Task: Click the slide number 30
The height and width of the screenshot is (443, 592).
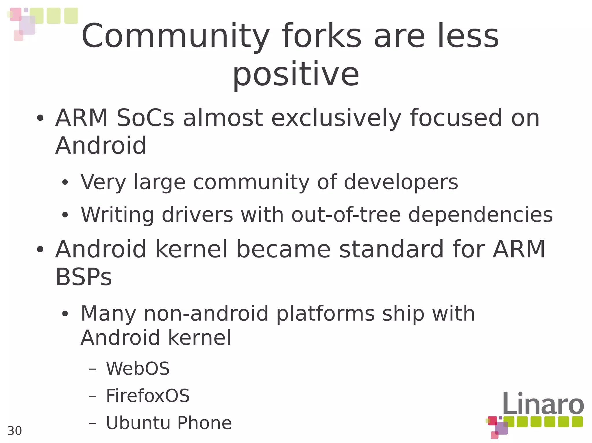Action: point(14,431)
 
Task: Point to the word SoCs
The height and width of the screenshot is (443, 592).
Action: point(145,118)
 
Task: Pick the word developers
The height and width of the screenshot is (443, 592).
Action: point(401,182)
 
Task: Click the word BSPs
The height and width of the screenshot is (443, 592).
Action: point(84,277)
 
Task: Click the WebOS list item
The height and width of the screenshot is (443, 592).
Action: point(138,369)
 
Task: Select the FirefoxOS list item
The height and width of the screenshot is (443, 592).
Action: point(148,396)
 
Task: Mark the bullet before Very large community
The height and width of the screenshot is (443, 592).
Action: point(65,183)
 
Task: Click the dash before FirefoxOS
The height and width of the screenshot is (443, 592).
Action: point(92,396)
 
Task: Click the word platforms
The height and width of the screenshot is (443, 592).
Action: point(325,314)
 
